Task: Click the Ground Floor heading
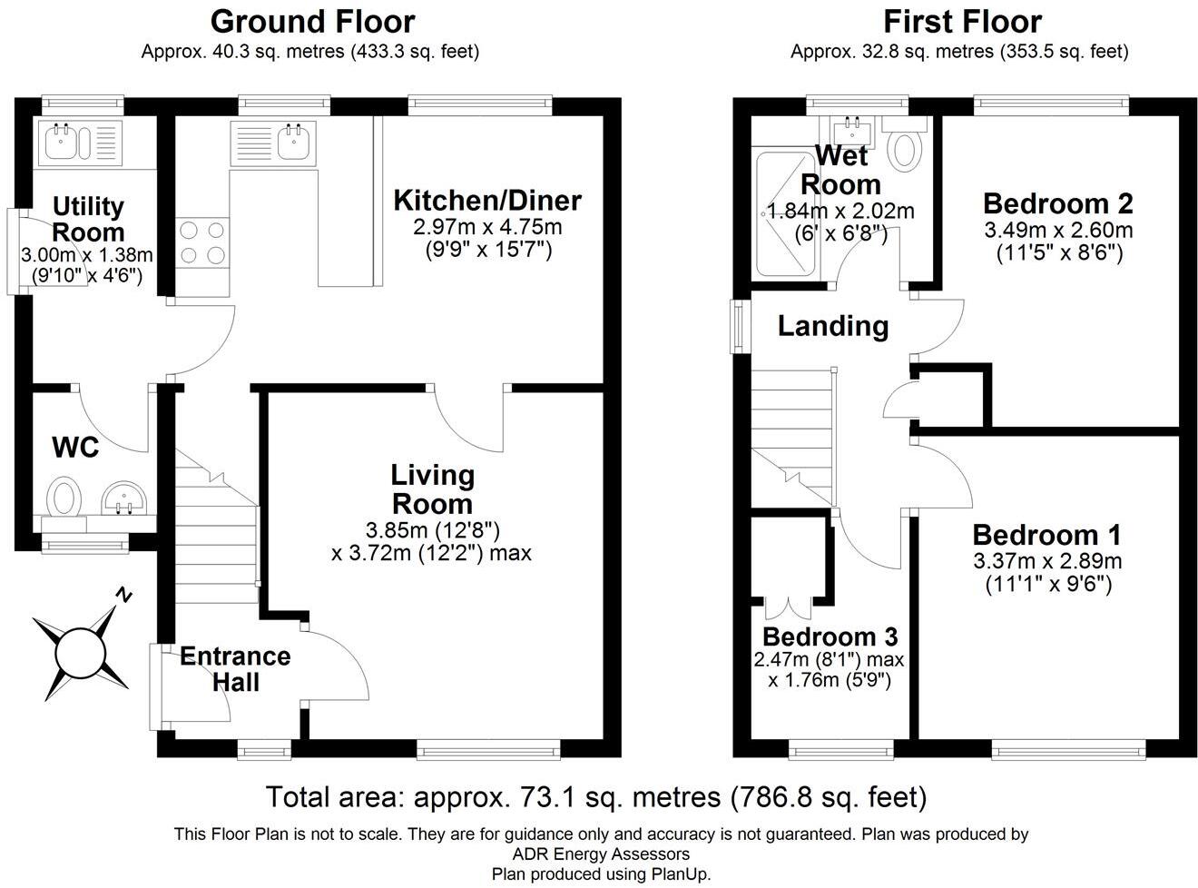pyautogui.click(x=312, y=23)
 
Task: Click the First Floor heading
pyautogui.click(x=962, y=23)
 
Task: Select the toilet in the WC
pyautogui.click(x=64, y=496)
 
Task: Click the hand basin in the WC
pyautogui.click(x=123, y=498)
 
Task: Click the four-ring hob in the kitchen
pyautogui.click(x=202, y=242)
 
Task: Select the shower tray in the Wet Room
pyautogui.click(x=785, y=214)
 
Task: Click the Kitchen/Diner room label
pyautogui.click(x=487, y=201)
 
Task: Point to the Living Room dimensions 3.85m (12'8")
pyautogui.click(x=432, y=531)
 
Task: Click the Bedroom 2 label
pyautogui.click(x=1057, y=203)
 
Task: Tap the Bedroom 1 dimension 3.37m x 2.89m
pyautogui.click(x=1047, y=561)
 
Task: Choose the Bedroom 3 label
pyautogui.click(x=830, y=636)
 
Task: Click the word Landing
pyautogui.click(x=833, y=326)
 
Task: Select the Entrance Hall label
pyautogui.click(x=235, y=669)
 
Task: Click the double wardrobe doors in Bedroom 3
pyautogui.click(x=789, y=608)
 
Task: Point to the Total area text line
pyautogui.click(x=596, y=797)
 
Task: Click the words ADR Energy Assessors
pyautogui.click(x=601, y=853)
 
